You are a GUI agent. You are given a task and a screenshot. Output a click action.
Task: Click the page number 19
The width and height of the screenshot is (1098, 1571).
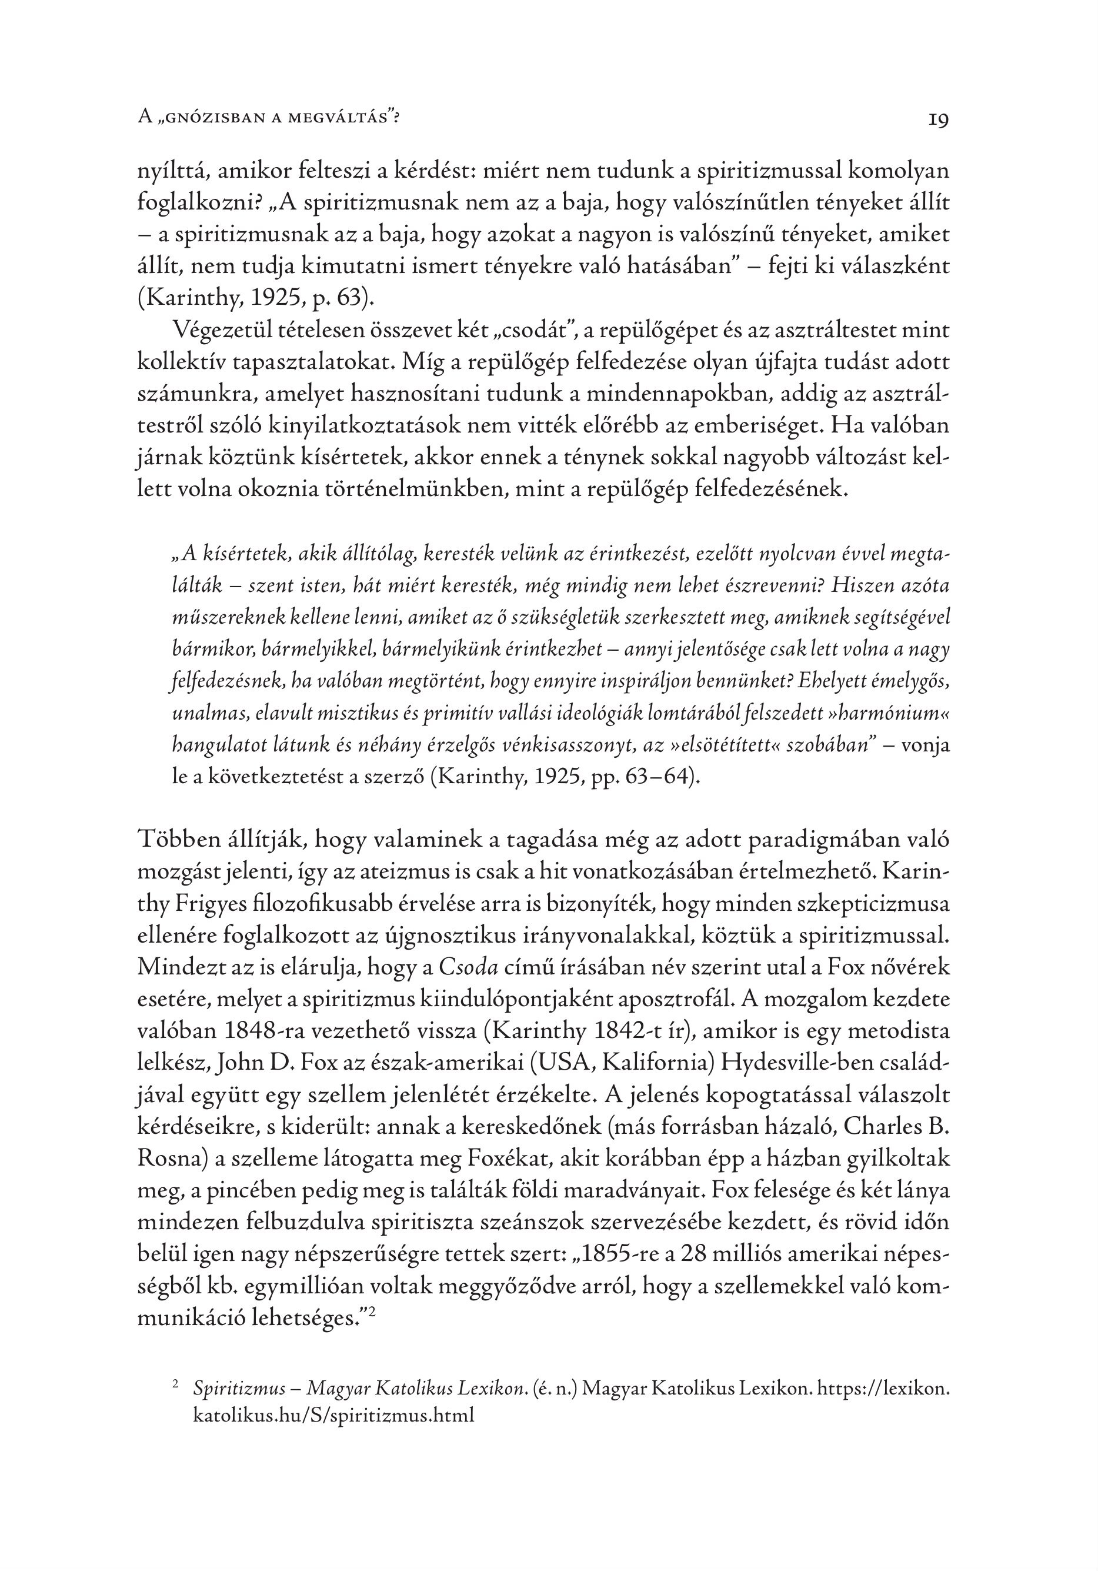(938, 121)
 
